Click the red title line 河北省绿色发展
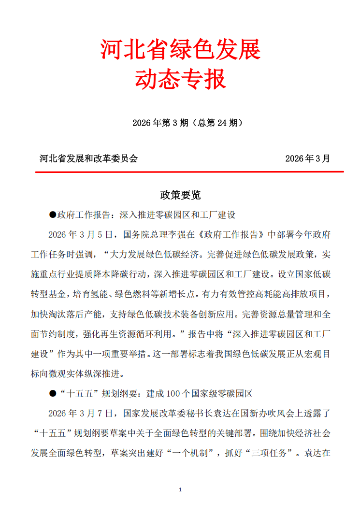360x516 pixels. coord(180,49)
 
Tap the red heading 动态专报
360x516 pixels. coord(180,80)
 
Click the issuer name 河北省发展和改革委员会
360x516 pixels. coord(88,158)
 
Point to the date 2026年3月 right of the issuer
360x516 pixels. coord(308,158)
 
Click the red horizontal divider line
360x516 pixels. coord(189,172)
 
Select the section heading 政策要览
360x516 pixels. coord(180,195)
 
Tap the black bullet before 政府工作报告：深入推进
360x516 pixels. coord(53,215)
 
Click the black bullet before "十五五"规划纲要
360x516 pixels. coord(53,393)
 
